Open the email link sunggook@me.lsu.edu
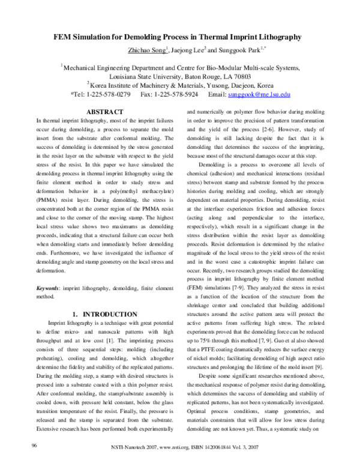click(x=261, y=94)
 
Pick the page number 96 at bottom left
click(x=35, y=445)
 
